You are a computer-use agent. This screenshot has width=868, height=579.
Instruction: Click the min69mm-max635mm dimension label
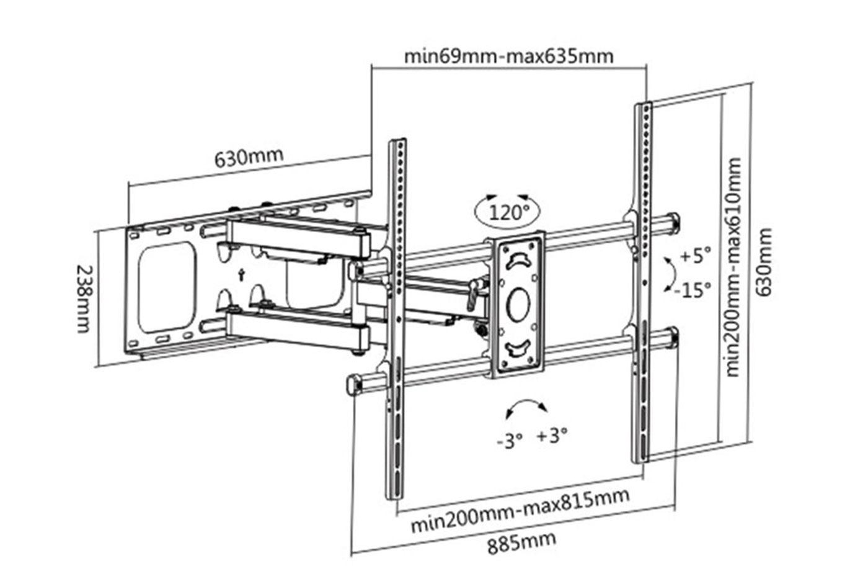[509, 56]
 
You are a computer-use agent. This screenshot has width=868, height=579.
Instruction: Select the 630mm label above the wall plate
[249, 157]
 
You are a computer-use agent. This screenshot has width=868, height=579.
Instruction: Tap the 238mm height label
[84, 298]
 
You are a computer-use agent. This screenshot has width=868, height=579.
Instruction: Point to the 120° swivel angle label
[509, 212]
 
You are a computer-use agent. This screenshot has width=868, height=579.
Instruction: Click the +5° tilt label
[696, 256]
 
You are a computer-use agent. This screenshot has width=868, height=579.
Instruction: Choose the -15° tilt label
[693, 290]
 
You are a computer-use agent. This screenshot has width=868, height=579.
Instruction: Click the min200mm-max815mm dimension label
[520, 511]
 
